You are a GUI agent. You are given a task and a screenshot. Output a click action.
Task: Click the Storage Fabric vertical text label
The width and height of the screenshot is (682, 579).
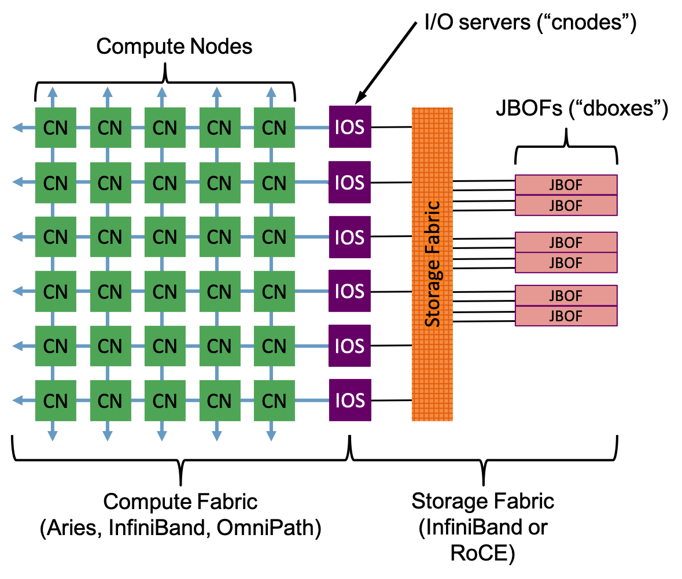point(433,264)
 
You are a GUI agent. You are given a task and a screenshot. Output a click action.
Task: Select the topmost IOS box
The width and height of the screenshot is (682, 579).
point(350,127)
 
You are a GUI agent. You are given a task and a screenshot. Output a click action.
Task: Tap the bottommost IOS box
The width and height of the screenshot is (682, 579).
point(350,400)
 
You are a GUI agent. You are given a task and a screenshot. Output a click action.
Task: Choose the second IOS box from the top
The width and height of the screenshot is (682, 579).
point(350,182)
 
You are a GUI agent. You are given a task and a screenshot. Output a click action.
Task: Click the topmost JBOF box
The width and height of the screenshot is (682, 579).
point(566,185)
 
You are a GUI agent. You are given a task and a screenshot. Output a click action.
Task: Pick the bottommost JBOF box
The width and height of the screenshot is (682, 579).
point(566,316)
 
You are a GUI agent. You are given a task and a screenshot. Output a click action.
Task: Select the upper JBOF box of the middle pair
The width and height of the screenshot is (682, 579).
point(566,242)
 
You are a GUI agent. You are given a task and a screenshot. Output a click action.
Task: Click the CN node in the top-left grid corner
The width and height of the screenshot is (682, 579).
point(56,127)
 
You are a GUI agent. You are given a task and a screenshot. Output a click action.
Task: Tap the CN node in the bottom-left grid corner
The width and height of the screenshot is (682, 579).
point(56,400)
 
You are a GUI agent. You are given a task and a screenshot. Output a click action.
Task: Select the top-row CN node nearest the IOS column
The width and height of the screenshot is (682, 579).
point(274,127)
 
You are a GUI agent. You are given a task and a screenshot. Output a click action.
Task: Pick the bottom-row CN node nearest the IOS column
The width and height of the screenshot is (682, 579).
point(274,400)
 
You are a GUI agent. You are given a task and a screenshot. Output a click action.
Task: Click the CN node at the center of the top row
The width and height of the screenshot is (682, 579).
point(165,127)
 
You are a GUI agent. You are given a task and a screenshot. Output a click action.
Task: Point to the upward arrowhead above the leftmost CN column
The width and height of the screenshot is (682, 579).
point(53,91)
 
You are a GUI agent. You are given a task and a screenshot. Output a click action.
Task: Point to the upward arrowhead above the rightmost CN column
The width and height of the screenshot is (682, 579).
point(271,91)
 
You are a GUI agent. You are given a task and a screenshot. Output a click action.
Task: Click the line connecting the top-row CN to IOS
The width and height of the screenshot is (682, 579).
point(312,127)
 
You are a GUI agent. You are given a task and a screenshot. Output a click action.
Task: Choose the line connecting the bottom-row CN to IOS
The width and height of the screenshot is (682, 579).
point(312,400)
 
